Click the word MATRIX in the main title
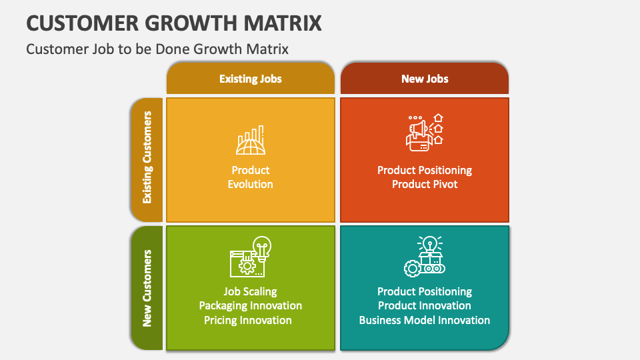coord(281,23)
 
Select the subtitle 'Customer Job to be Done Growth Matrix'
coord(157,49)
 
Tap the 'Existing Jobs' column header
coord(251,79)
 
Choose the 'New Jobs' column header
coord(425,79)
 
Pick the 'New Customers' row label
coord(147,288)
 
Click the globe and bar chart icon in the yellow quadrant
coord(251,140)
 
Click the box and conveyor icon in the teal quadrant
coord(425,257)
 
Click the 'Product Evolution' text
coord(251,177)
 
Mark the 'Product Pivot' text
coord(425,184)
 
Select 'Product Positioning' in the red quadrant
coord(425,170)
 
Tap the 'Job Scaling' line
coord(251,291)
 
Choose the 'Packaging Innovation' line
coord(251,305)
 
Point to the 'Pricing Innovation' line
coord(248,320)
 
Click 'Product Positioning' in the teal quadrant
coord(425,291)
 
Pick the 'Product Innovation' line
coord(425,305)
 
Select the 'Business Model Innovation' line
coord(425,320)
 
